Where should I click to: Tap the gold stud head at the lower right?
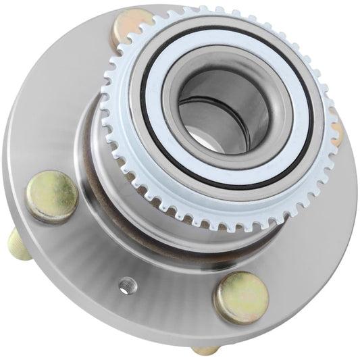pos(240,296)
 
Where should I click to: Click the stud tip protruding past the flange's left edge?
pos(18,245)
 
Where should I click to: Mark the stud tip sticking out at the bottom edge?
pos(204,350)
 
